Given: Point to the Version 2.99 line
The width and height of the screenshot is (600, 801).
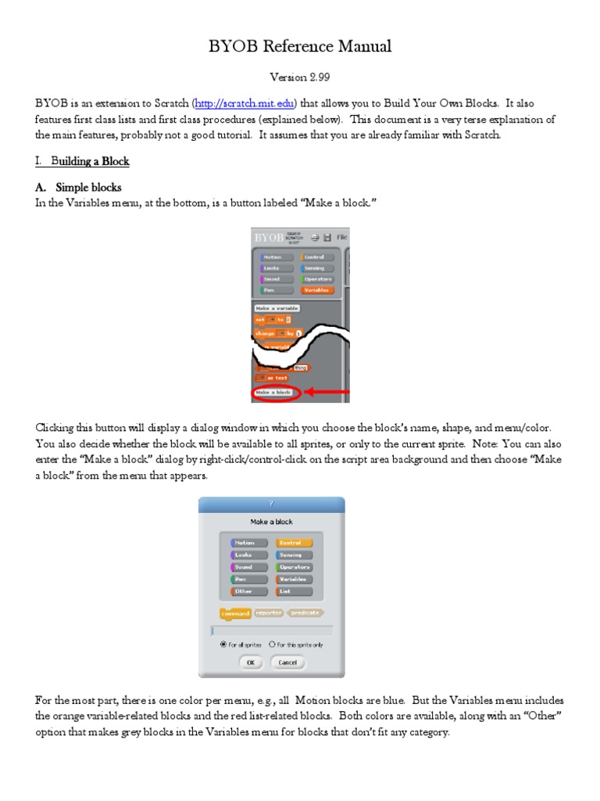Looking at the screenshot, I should point(299,77).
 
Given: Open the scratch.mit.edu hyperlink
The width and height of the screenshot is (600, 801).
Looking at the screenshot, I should point(245,103).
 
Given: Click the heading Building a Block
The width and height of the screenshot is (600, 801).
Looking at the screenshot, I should point(90,161).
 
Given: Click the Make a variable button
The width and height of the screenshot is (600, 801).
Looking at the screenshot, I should point(277,308).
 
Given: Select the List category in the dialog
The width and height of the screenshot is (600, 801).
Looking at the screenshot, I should point(294,591).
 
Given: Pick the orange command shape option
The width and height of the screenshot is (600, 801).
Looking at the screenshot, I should point(236,614).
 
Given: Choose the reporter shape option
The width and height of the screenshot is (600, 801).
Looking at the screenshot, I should point(269,613).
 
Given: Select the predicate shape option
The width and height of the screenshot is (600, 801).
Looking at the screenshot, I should point(305,613).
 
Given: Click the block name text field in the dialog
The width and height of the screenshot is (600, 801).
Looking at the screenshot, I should point(271,630).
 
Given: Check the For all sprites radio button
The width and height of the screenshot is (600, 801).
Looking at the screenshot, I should point(224,645).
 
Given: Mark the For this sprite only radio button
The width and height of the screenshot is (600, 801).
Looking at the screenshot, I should point(272,645).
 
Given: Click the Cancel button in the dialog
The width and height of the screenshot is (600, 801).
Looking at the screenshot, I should point(287,663).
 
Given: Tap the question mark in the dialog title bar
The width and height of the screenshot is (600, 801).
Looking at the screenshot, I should point(271,505).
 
